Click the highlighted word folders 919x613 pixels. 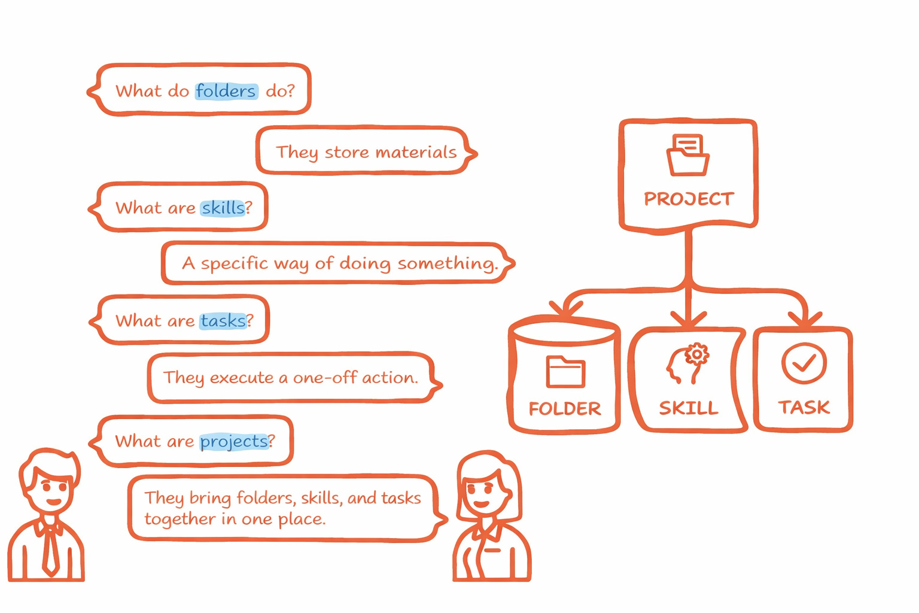tap(226, 91)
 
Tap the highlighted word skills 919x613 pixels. tap(223, 208)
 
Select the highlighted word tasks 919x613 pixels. tap(223, 321)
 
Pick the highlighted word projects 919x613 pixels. tap(234, 442)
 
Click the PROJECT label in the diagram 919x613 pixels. tap(689, 199)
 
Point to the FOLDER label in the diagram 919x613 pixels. tap(565, 409)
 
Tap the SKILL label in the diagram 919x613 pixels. tap(689, 408)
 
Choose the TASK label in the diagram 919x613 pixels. tap(804, 408)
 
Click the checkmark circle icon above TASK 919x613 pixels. tap(804, 363)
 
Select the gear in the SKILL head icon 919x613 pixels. tap(696, 354)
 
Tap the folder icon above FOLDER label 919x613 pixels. tap(565, 372)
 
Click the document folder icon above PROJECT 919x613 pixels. tap(688, 154)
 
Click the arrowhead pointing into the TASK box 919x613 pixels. tap(806, 318)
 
